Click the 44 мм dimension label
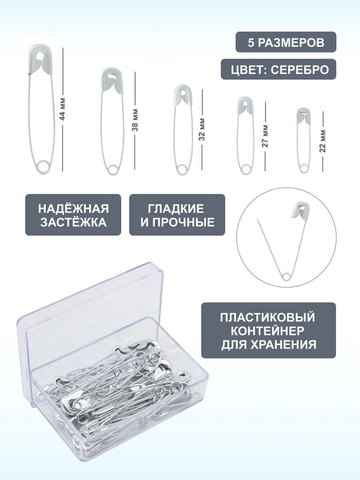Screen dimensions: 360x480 pos(62,109)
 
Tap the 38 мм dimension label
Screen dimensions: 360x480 pos(135,120)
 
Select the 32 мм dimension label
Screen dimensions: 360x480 pos(202,129)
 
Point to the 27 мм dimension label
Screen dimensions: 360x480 pos(265,136)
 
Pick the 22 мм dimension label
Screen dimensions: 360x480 pos(323,141)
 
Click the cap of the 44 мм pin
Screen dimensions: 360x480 pos(40,59)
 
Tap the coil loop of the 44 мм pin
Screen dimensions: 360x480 pos(43,167)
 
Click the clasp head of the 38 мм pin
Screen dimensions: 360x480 pos(112,80)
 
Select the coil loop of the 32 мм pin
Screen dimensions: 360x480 pos(182,170)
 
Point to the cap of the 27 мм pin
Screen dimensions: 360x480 pos(246,106)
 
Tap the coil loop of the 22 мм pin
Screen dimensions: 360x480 pos(303,169)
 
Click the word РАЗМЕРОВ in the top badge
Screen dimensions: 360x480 pos(291,43)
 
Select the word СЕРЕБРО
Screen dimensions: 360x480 pos(300,70)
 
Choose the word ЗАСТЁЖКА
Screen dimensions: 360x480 pos(74,222)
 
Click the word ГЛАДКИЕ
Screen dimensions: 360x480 pos(176,208)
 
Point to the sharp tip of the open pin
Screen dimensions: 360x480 pos(257,218)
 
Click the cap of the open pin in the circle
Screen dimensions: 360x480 pos(300,210)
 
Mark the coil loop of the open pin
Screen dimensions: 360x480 pos(286,276)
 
